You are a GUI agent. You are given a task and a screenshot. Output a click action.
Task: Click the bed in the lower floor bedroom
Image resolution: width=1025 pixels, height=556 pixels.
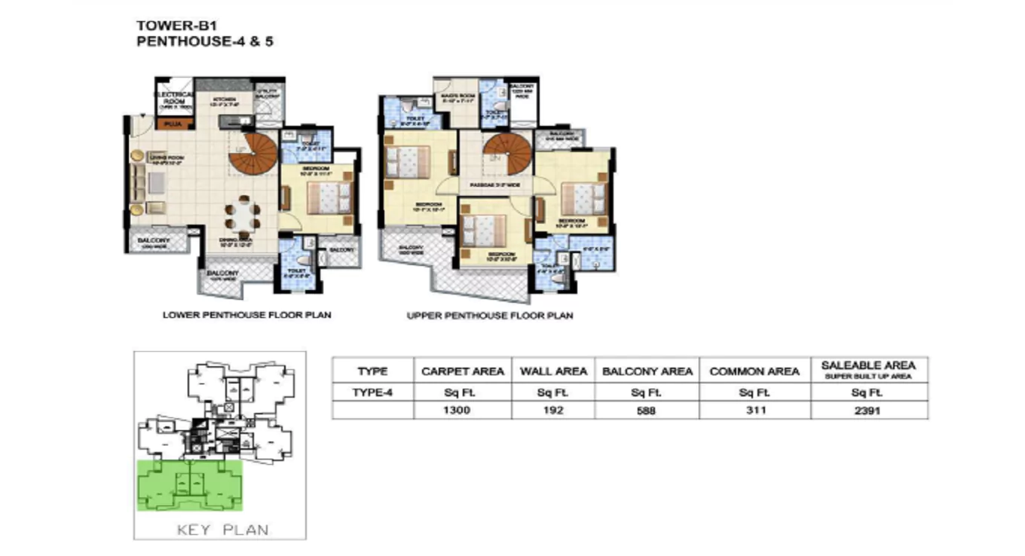pyautogui.click(x=329, y=198)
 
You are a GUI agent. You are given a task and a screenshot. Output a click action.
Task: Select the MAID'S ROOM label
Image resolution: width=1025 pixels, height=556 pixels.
pyautogui.click(x=456, y=96)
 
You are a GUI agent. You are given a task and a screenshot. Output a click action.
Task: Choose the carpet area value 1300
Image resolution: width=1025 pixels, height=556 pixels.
pyautogui.click(x=456, y=411)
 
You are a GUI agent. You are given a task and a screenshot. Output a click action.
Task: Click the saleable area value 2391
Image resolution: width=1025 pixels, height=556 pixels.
pyautogui.click(x=868, y=411)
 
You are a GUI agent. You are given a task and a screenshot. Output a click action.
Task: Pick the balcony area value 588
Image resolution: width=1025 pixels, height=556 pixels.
pyautogui.click(x=647, y=411)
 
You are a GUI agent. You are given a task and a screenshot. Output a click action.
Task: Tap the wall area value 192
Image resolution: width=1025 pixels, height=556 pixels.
pyautogui.click(x=553, y=411)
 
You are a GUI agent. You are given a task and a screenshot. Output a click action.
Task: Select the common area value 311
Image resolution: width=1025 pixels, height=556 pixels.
pyautogui.click(x=754, y=411)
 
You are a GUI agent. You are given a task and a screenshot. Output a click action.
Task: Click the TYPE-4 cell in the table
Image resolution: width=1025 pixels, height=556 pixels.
pyautogui.click(x=372, y=392)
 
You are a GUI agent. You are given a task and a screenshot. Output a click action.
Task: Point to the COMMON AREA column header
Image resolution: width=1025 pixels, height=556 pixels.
pyautogui.click(x=754, y=371)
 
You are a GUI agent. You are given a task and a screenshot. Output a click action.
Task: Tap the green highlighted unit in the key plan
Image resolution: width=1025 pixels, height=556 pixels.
pyautogui.click(x=190, y=485)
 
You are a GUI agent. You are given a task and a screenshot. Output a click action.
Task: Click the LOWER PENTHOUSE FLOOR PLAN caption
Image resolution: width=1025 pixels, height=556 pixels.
pyautogui.click(x=246, y=315)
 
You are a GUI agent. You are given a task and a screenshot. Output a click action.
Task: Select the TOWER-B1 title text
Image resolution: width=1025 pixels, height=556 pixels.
pyautogui.click(x=166, y=25)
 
